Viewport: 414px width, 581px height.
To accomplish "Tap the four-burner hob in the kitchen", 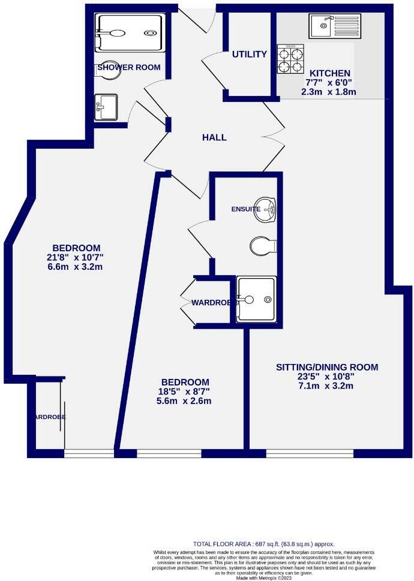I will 290,59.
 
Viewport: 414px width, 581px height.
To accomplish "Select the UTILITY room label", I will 249,55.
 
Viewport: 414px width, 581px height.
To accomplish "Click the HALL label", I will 214,137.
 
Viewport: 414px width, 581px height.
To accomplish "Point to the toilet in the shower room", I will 110,71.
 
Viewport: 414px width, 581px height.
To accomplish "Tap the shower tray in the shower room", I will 129,34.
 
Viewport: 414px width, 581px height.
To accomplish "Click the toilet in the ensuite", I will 263,245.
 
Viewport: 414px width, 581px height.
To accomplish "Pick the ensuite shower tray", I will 256,299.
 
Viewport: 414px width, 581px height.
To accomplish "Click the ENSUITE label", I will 246,209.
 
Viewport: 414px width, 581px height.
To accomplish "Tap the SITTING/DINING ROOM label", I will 327,367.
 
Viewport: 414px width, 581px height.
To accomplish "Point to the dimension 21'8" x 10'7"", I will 76,258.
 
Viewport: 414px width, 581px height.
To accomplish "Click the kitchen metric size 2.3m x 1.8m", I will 329,92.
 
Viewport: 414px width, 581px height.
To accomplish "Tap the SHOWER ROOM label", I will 129,67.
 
